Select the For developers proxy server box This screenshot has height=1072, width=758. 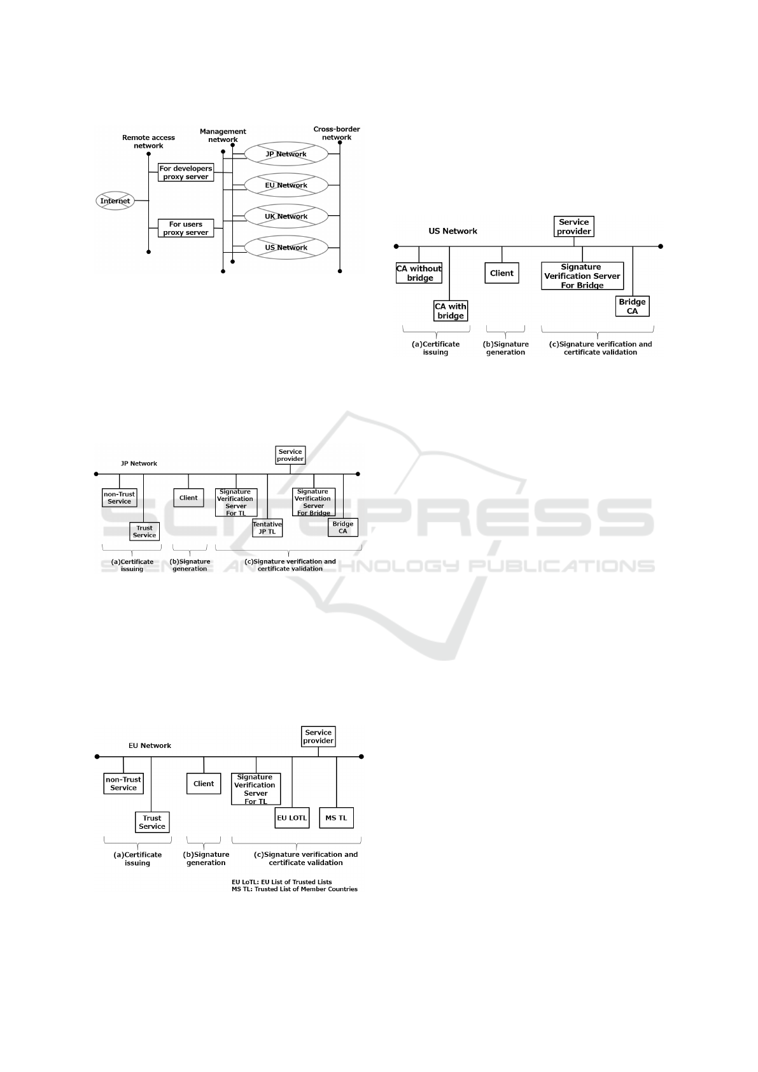[186, 173]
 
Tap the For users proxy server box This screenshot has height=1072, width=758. [186, 229]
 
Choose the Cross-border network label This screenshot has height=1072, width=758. [337, 133]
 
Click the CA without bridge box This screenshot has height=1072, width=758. [419, 273]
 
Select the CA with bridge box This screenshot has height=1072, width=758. [451, 311]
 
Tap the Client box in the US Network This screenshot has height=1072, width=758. [502, 273]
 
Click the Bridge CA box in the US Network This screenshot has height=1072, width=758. [632, 306]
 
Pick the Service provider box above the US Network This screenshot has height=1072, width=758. [574, 227]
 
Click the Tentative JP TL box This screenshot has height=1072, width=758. [267, 528]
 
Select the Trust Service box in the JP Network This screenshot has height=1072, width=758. [144, 532]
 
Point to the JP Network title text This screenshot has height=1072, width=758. [139, 463]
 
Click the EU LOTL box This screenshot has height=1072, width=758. [292, 818]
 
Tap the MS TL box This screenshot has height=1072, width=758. [337, 818]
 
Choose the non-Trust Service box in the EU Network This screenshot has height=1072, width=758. [123, 784]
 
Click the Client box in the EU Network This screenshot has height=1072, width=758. [204, 784]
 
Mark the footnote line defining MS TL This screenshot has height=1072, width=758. [294, 889]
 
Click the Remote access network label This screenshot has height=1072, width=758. [148, 142]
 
